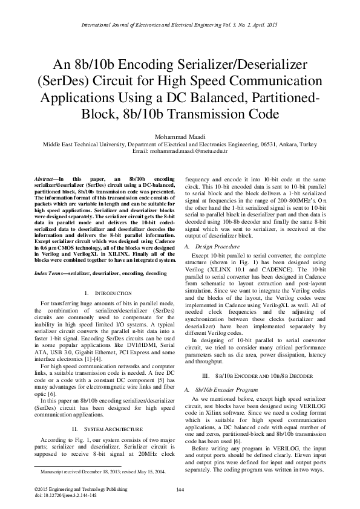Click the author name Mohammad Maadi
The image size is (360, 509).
180,137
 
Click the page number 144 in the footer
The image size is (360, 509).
180,489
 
